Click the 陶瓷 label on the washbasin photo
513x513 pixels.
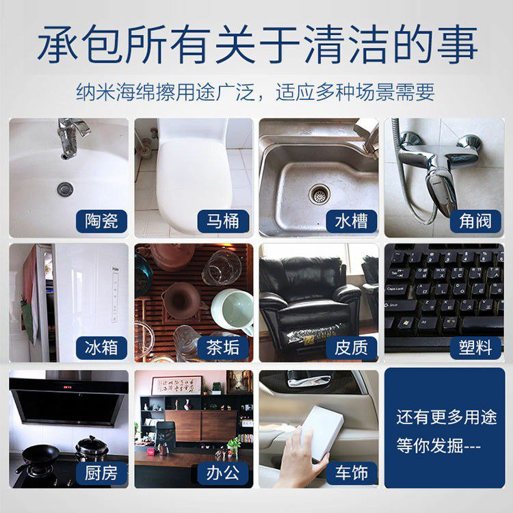tap(101, 221)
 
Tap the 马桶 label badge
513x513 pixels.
tap(223, 221)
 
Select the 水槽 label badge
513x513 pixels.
tap(352, 221)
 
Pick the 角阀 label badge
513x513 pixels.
tap(475, 221)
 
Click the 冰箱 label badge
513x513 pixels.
tap(101, 347)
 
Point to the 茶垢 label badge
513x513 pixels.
tap(223, 347)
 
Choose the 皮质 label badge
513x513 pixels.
tap(352, 347)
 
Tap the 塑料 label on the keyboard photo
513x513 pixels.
tap(475, 347)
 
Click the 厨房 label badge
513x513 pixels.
tap(101, 473)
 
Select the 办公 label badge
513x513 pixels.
tap(223, 473)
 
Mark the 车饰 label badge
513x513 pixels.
tap(352, 473)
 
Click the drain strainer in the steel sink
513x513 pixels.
tap(319, 195)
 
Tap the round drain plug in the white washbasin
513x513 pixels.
tap(65, 189)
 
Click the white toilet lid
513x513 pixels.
tap(194, 183)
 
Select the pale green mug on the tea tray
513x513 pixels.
tap(233, 310)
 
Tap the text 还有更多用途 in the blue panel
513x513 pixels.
tap(447, 417)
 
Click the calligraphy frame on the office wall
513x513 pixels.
tap(176, 386)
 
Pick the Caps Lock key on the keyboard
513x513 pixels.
tap(397, 289)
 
